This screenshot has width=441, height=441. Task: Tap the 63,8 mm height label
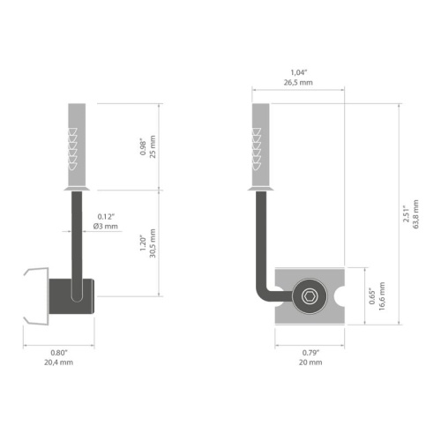tap(417, 213)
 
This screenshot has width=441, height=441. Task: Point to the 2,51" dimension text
tap(407, 213)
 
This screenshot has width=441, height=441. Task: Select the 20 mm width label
tap(310, 362)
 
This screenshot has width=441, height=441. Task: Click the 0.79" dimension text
tap(310, 352)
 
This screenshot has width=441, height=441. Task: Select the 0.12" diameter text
tap(108, 216)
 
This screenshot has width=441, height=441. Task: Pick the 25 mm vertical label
tap(153, 146)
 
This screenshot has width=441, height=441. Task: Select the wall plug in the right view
tap(261, 146)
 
